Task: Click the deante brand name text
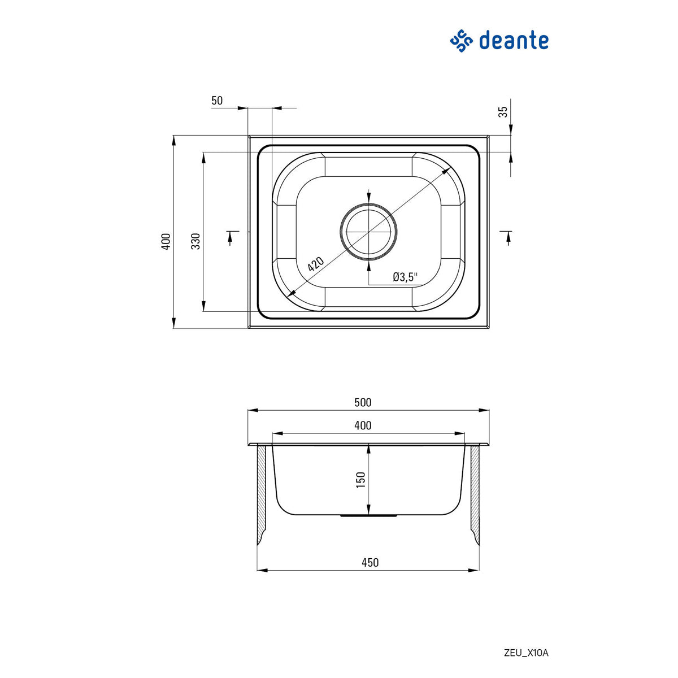coord(514,41)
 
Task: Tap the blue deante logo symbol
coord(461,41)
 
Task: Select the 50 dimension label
coord(217,101)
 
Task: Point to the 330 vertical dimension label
coord(195,241)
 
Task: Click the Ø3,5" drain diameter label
coord(405,277)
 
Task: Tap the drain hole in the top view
coord(368,232)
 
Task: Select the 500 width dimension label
coord(363,402)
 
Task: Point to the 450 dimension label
coord(370,562)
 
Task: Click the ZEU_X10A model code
coord(525,653)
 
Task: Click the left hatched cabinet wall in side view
coord(262,492)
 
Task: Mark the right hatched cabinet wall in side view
coord(475,492)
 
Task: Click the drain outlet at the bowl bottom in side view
coord(368,516)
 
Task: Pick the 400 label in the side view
coord(363,425)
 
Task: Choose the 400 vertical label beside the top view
coord(166,241)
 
